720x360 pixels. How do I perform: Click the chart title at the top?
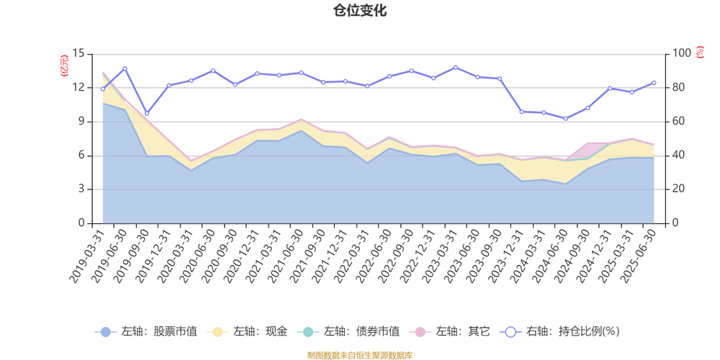click(359, 10)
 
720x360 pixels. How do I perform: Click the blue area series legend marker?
click(105, 332)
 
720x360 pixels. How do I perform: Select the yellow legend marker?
click(215, 332)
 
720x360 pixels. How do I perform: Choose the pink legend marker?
click(418, 332)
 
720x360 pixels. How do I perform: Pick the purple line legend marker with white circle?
click(510, 332)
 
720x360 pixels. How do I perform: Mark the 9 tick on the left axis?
click(81, 121)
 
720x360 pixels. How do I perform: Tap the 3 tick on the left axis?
click(81, 189)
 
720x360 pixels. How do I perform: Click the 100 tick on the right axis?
click(681, 53)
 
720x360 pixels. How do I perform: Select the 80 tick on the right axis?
click(680, 87)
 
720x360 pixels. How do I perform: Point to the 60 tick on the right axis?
click(680, 121)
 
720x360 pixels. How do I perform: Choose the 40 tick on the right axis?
click(680, 155)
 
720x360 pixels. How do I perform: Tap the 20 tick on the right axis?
click(680, 189)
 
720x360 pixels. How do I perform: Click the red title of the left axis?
click(64, 65)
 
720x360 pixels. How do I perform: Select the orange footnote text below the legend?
click(359, 354)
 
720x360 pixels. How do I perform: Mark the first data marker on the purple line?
click(102, 89)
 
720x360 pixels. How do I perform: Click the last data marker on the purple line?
click(654, 82)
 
